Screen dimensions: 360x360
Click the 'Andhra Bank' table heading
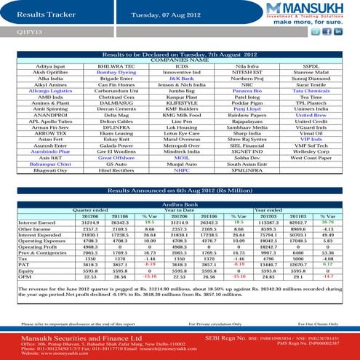pos(180,205)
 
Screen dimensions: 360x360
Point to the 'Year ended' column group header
pos(268,211)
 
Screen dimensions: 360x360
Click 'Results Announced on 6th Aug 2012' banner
pos(180,190)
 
